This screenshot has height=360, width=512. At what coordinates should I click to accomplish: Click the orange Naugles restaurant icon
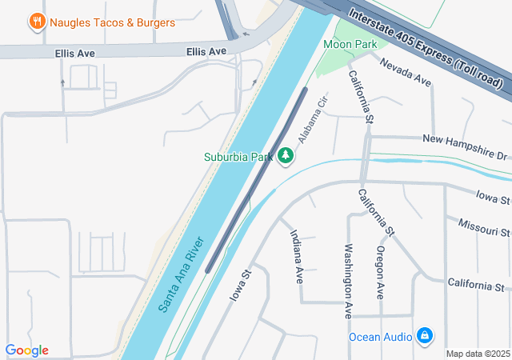pos(36,22)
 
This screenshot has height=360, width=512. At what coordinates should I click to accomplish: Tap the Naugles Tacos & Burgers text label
pos(113,22)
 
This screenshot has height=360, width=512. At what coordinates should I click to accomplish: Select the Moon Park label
pos(350,44)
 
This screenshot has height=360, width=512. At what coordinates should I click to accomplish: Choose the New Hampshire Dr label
pos(465,146)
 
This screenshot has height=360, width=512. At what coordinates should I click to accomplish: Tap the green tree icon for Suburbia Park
pos(286,155)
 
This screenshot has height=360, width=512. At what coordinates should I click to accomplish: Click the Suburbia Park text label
pos(238,157)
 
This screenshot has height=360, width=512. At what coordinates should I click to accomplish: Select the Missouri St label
pos(484,226)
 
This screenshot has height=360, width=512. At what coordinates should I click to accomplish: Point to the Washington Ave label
pos(349,280)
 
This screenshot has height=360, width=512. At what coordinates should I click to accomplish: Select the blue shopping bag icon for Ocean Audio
pos(425,335)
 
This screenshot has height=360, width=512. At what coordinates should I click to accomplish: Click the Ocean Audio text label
pos(381,336)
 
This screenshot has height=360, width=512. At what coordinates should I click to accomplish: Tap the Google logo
pos(26,350)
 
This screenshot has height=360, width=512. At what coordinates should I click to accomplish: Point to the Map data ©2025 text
pos(477,354)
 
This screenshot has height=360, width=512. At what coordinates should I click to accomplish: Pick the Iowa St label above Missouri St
pos(493,197)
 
